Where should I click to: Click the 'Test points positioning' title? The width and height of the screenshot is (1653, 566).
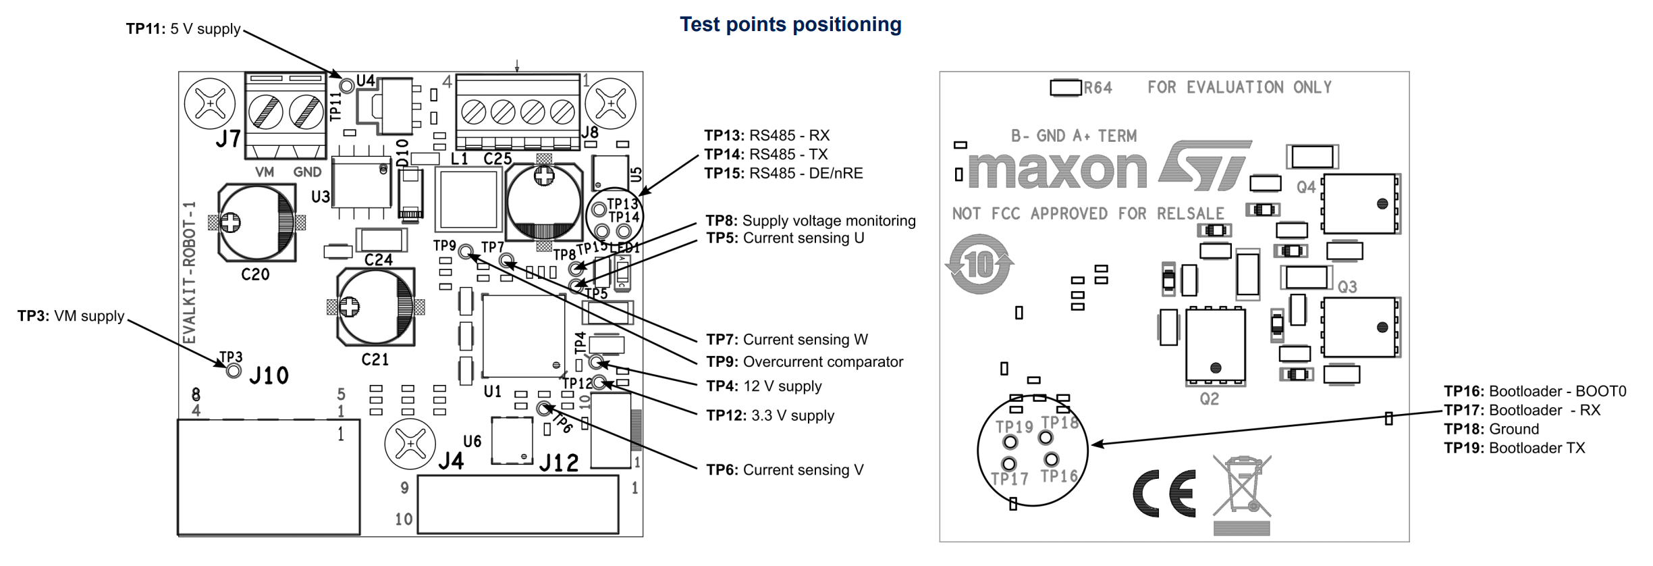pos(790,25)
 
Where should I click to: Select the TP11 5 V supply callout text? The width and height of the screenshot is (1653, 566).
pos(183,29)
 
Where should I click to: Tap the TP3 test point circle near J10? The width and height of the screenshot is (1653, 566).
pos(234,371)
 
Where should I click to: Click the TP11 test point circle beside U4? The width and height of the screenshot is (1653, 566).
pos(347,86)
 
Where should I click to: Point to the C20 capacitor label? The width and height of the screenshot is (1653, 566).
pos(255,274)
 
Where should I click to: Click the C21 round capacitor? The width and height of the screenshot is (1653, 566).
pos(376,307)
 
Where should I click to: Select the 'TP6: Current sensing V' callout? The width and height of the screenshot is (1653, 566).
pos(785,470)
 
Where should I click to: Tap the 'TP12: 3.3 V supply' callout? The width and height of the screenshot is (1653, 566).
pos(770,416)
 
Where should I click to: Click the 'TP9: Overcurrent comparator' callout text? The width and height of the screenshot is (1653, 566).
pos(805,362)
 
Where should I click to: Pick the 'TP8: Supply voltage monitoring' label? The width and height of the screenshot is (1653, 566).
pos(811,221)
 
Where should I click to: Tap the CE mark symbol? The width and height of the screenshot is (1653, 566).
pos(1164,493)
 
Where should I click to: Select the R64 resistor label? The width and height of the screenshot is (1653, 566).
pos(1098,88)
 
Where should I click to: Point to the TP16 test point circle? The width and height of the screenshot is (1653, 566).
pos(1051,460)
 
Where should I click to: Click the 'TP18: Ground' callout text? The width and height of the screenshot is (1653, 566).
pos(1491,430)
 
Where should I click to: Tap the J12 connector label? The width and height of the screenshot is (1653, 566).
pos(559,463)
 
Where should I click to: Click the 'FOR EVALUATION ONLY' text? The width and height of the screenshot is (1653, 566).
pos(1239,88)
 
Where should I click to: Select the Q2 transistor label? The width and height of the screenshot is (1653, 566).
pos(1209,399)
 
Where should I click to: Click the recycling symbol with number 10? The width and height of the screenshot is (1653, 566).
pos(979,264)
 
